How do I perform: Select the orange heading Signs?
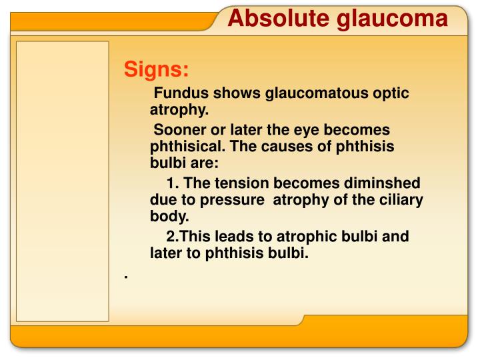[x=157, y=69]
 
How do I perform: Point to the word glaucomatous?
[x=314, y=93]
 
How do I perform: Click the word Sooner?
[x=179, y=130]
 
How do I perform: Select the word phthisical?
[x=189, y=146]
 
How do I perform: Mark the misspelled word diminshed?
[x=383, y=183]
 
